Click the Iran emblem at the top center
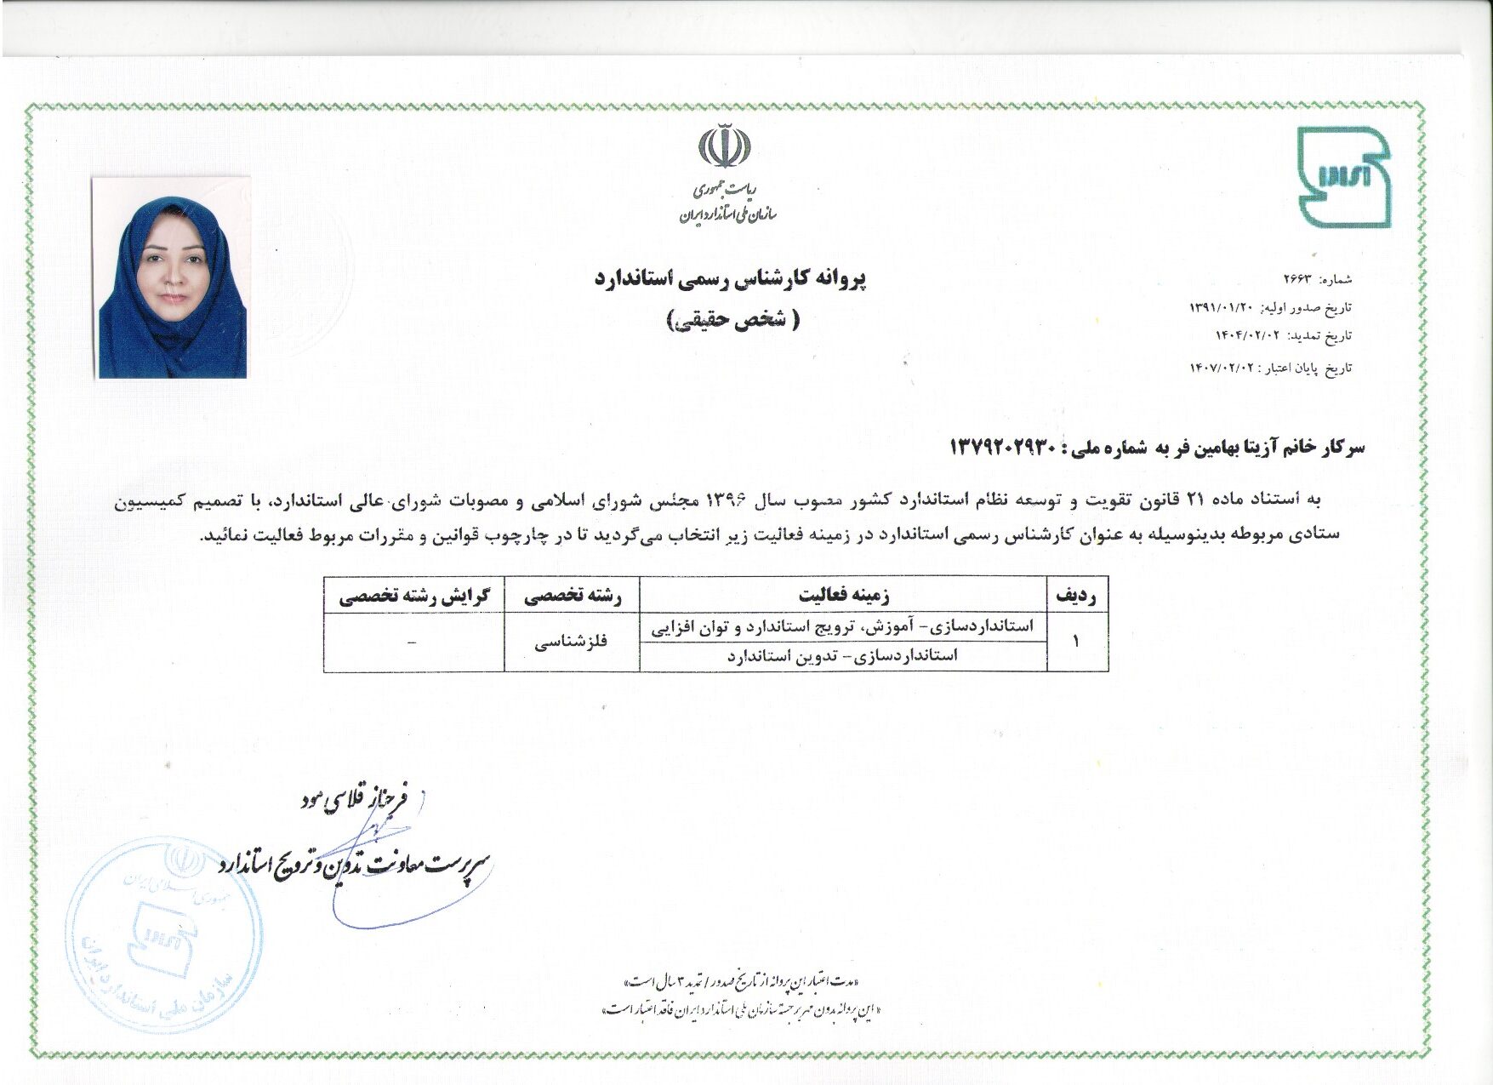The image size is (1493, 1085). tap(725, 146)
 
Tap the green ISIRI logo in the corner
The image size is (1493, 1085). tap(1343, 177)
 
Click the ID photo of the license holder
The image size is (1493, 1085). tap(172, 277)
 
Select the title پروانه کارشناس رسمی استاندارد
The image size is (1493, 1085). tap(729, 279)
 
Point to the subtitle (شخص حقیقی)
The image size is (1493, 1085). tap(731, 320)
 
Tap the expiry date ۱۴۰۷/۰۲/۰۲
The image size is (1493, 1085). tap(1226, 368)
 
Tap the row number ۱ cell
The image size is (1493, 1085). tap(1076, 642)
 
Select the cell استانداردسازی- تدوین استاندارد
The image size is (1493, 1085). tap(842, 656)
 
